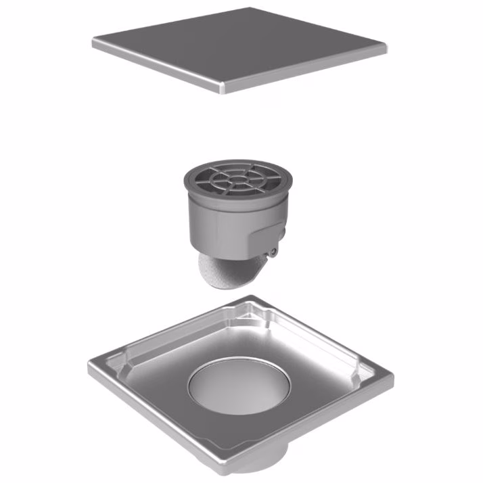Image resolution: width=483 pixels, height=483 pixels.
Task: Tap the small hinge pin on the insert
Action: click(x=273, y=252)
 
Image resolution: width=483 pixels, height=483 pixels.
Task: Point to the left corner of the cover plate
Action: click(x=95, y=44)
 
